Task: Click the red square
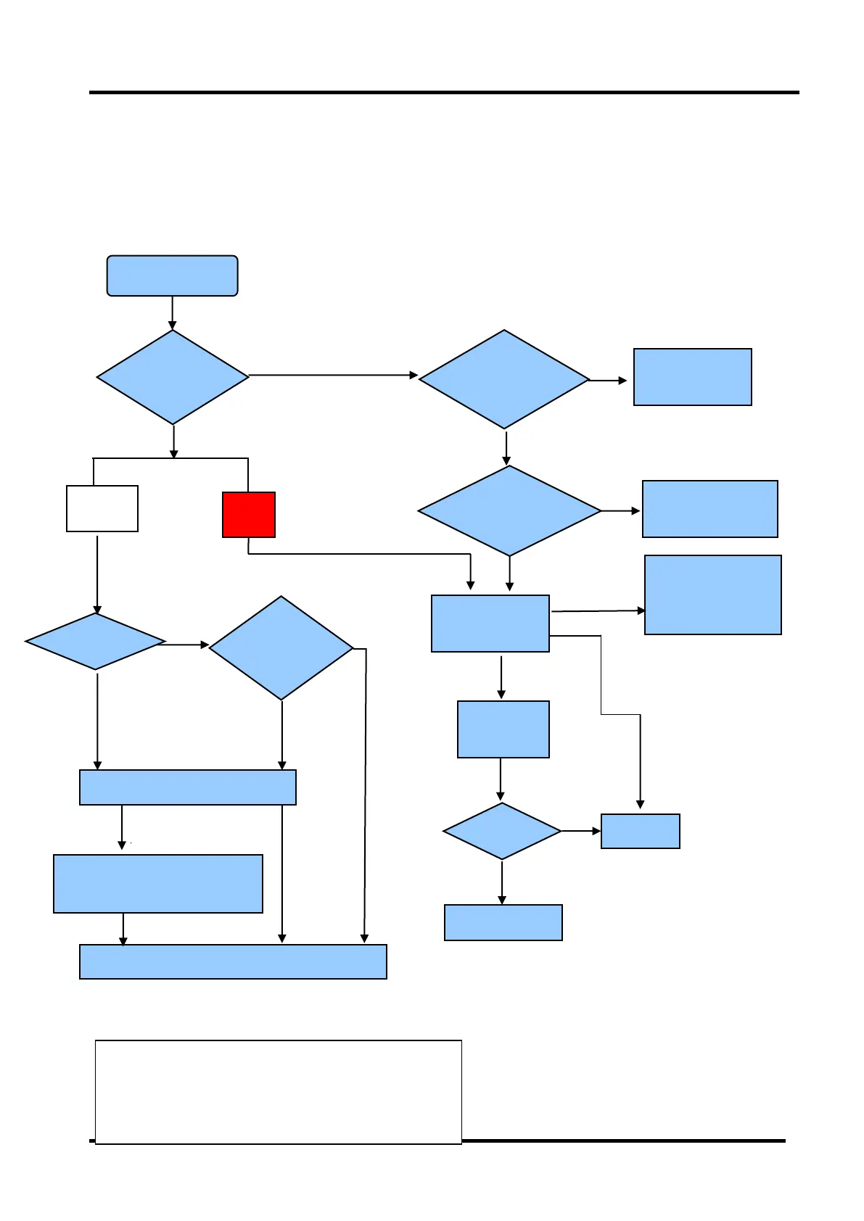point(248,515)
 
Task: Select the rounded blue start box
point(172,276)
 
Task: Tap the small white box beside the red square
point(102,508)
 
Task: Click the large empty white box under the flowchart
point(279,1092)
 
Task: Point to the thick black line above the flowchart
point(444,93)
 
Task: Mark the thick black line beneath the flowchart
point(624,1141)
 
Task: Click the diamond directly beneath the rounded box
point(173,377)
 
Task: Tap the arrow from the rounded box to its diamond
point(172,313)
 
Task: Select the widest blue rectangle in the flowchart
point(233,961)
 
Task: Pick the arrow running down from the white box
point(97,573)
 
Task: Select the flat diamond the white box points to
point(95,642)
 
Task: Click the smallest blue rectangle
point(641,831)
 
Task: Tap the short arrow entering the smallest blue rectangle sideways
point(581,831)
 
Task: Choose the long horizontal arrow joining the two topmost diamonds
point(334,376)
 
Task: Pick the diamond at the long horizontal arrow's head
point(504,379)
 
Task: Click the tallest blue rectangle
point(713,595)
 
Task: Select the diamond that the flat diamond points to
point(281,648)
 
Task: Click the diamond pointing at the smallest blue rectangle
point(502,831)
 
